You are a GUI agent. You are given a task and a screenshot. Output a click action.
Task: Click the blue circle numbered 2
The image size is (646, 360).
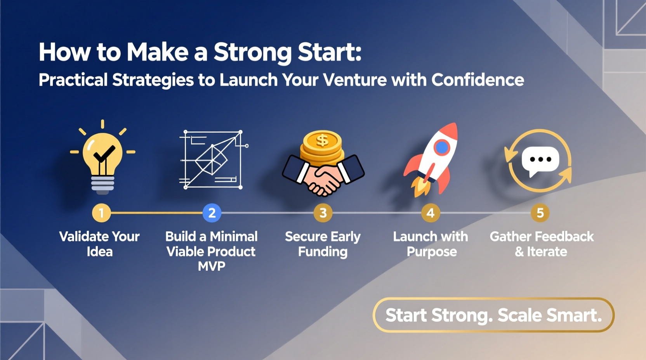click(x=212, y=213)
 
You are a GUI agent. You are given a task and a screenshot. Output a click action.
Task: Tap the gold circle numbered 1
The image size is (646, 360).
click(x=101, y=213)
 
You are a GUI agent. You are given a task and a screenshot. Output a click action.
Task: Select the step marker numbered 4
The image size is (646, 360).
click(x=430, y=213)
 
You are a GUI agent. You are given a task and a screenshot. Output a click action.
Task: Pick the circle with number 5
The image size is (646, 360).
click(x=540, y=213)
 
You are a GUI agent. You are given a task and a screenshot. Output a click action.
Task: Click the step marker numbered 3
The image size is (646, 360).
click(x=323, y=213)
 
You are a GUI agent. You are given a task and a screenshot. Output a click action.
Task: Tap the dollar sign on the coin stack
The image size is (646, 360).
click(x=322, y=140)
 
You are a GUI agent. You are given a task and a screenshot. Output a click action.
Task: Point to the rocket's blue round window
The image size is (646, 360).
click(x=441, y=147)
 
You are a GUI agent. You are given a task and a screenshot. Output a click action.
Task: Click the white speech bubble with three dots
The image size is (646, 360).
click(x=540, y=160)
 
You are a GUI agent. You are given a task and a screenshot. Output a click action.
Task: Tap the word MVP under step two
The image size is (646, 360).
click(x=212, y=266)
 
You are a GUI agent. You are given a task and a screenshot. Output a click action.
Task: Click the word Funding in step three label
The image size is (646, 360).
click(x=323, y=252)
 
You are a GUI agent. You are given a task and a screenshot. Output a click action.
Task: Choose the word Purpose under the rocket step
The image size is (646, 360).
click(x=432, y=252)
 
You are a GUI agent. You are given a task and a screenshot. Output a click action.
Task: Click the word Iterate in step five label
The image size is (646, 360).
click(x=547, y=252)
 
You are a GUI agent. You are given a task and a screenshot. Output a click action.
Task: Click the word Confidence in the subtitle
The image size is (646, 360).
click(x=478, y=80)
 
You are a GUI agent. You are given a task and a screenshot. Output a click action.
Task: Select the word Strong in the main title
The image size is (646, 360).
click(x=252, y=52)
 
